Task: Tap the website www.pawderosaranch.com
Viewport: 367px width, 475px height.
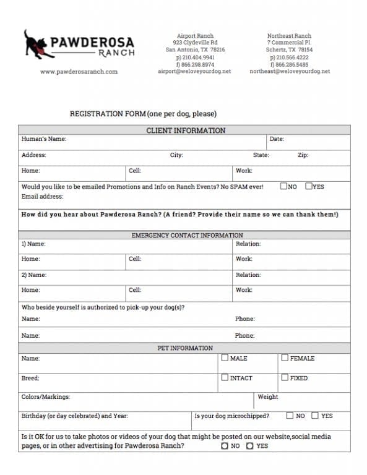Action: pyautogui.click(x=79, y=72)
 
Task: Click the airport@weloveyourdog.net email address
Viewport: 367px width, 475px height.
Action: pyautogui.click(x=194, y=71)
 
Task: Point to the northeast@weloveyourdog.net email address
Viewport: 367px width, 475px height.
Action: pyautogui.click(x=290, y=71)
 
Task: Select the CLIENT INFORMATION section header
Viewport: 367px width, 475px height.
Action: pyautogui.click(x=186, y=131)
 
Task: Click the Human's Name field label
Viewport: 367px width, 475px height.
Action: pyautogui.click(x=44, y=139)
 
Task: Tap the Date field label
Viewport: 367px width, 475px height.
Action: pyautogui.click(x=277, y=139)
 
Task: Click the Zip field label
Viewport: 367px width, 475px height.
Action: pyautogui.click(x=303, y=155)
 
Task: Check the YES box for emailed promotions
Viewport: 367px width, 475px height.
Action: pyautogui.click(x=308, y=186)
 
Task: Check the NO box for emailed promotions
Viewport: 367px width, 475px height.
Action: pyautogui.click(x=283, y=186)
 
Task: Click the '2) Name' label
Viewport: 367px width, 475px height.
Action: pyautogui.click(x=34, y=275)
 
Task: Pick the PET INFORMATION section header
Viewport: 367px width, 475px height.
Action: pyautogui.click(x=185, y=348)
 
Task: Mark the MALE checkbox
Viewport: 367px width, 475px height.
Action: pyautogui.click(x=225, y=357)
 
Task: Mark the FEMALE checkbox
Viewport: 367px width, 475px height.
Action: pyautogui.click(x=285, y=357)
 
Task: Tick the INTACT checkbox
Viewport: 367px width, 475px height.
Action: pyautogui.click(x=225, y=377)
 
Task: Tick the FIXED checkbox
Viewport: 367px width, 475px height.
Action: pyautogui.click(x=285, y=377)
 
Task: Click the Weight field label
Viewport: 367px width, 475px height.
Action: pyautogui.click(x=268, y=397)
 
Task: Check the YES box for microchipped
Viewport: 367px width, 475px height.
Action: pyautogui.click(x=315, y=416)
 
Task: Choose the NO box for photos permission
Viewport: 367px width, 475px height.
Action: pyautogui.click(x=225, y=446)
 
